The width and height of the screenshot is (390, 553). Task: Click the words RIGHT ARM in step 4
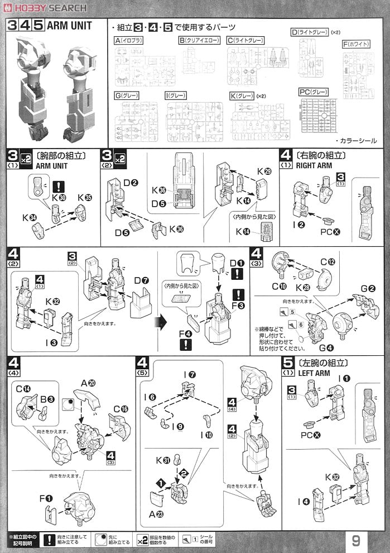coord(314,165)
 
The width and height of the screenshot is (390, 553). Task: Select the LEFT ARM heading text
coord(315,373)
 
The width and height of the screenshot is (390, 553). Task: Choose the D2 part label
coord(130,182)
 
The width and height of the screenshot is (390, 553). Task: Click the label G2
coord(367,289)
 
